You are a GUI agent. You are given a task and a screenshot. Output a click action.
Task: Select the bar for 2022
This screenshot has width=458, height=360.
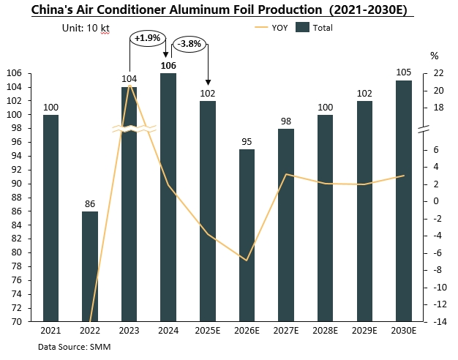[89, 266]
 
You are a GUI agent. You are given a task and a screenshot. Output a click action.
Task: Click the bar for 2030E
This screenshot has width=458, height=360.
[403, 200]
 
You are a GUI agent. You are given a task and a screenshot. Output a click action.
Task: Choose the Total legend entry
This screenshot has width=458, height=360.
[315, 28]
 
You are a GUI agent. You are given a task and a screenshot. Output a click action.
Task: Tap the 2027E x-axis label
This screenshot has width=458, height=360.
[286, 331]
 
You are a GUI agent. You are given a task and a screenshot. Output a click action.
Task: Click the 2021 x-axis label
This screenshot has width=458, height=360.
[50, 331]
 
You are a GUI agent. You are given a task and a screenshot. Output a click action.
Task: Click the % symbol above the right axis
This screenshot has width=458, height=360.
[433, 56]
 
